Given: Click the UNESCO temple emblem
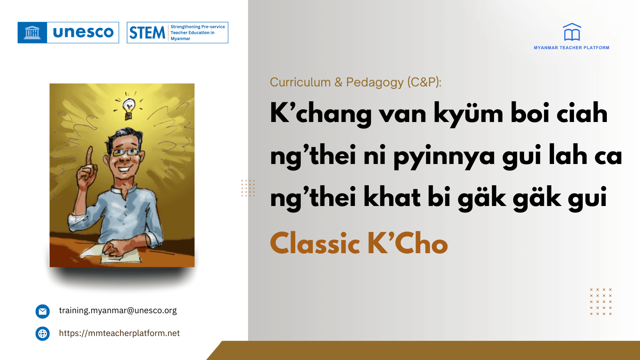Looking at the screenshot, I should (x=32, y=32).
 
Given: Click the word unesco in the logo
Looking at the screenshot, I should (x=83, y=32).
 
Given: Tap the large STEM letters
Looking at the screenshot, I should (x=147, y=33).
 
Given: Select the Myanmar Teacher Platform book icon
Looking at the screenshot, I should (x=572, y=32).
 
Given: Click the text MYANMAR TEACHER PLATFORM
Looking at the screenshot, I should (x=571, y=48).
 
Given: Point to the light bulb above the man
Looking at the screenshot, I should (x=128, y=107).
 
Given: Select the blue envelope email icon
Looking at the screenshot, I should (x=42, y=311).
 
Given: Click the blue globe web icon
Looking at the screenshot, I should (x=42, y=334).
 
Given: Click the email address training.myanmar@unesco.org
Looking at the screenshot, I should (x=118, y=310).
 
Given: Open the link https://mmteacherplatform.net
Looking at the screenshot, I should (x=119, y=333).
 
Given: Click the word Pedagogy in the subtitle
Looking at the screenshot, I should (x=375, y=82).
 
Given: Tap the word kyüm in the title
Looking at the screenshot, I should (x=468, y=114).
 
